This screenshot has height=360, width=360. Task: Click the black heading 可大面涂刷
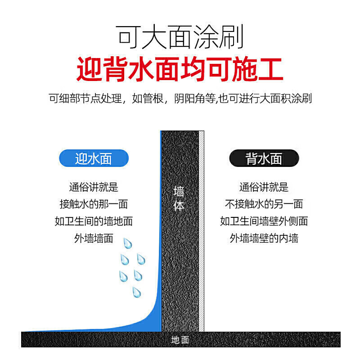coord(180,37)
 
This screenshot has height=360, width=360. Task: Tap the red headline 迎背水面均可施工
coord(180,69)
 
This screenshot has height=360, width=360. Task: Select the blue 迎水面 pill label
coord(94,158)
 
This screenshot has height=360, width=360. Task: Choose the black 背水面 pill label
coord(264,158)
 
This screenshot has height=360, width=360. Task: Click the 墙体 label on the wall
coord(179,198)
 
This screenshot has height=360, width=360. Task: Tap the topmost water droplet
coord(128,243)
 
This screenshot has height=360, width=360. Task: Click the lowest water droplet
coord(137,292)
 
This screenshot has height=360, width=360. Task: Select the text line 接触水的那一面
coord(94,204)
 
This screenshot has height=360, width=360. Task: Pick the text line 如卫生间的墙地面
coord(94,221)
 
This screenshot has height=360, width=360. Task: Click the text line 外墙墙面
coord(94,238)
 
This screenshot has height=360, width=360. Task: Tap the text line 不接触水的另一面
coord(264,204)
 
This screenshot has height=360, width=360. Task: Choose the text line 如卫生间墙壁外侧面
coord(264,221)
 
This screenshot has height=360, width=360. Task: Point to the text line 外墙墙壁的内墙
coord(264,238)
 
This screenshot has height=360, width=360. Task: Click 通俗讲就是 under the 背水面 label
coord(264,187)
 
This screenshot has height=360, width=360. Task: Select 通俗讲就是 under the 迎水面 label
coord(94,187)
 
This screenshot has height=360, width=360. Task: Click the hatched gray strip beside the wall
coord(201,231)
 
